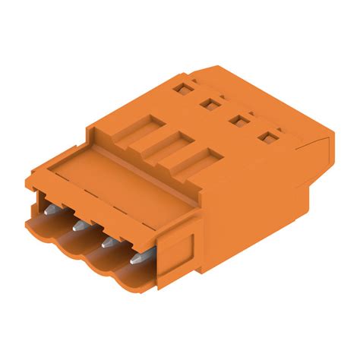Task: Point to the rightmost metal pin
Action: pyautogui.click(x=137, y=260)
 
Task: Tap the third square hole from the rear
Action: pyautogui.click(x=235, y=120)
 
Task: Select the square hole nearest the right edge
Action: pyautogui.click(x=266, y=137)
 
